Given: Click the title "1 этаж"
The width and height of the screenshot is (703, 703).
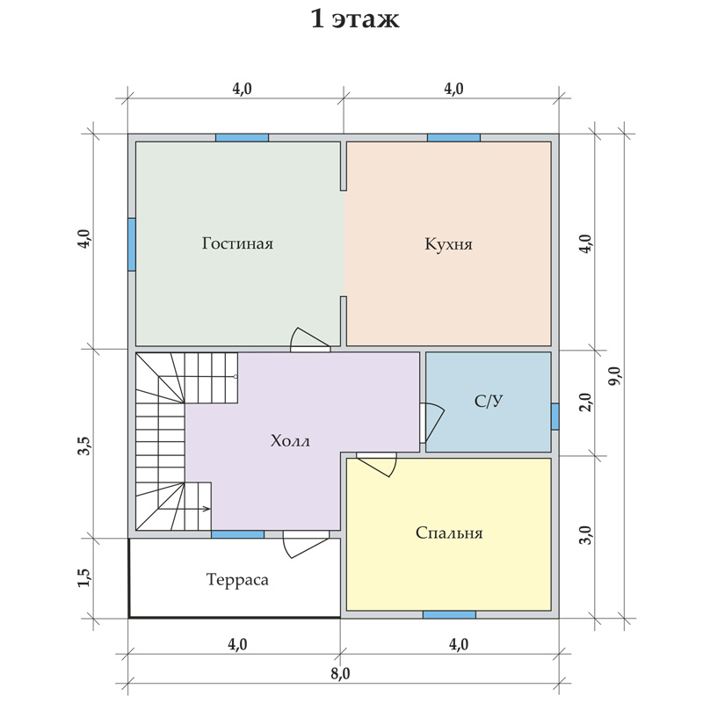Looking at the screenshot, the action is pyautogui.click(x=355, y=19).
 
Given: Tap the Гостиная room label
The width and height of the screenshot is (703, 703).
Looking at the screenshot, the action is pyautogui.click(x=237, y=243).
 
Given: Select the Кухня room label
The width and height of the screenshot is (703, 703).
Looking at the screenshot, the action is pyautogui.click(x=448, y=244).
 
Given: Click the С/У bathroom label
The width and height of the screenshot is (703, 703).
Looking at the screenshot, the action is pyautogui.click(x=489, y=401).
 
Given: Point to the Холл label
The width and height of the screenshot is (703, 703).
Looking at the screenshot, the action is pyautogui.click(x=290, y=441).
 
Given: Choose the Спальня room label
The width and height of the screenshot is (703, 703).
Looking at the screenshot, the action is pyautogui.click(x=449, y=533).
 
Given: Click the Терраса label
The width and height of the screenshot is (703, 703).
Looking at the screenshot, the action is pyautogui.click(x=237, y=580).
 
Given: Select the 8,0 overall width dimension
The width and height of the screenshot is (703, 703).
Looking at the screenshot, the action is pyautogui.click(x=341, y=673).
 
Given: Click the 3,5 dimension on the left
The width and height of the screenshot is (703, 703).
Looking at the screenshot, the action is pyautogui.click(x=84, y=446).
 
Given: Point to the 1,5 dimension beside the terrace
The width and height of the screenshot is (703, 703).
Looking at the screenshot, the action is pyautogui.click(x=84, y=577).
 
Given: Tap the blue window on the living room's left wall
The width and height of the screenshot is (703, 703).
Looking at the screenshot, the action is pyautogui.click(x=132, y=244).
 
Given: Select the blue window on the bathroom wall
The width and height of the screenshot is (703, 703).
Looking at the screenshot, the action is pyautogui.click(x=555, y=417).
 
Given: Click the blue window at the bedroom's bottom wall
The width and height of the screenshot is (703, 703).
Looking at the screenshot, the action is pyautogui.click(x=449, y=614).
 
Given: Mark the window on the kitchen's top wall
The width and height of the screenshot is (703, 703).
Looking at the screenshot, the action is pyautogui.click(x=453, y=138).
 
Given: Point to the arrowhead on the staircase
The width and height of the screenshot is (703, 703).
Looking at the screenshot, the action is pyautogui.click(x=207, y=509).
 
